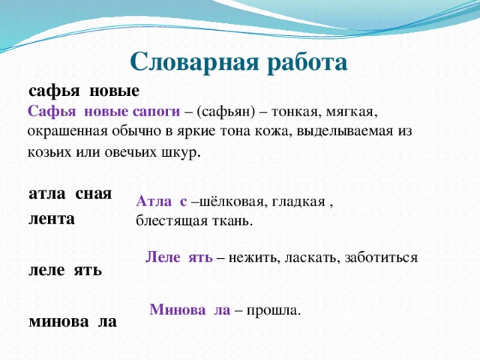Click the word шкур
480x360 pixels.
181,151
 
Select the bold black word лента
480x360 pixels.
51,219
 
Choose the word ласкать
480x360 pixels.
310,257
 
